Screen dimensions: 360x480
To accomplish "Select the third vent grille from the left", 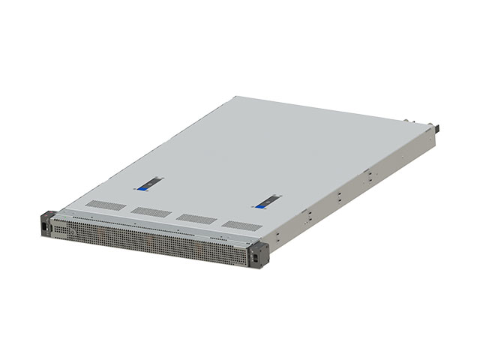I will pos(194,218).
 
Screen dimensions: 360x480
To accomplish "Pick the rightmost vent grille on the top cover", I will pos(239,225).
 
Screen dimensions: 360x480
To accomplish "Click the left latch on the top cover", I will pos(150,181).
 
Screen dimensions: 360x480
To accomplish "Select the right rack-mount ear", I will pos(256,253).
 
